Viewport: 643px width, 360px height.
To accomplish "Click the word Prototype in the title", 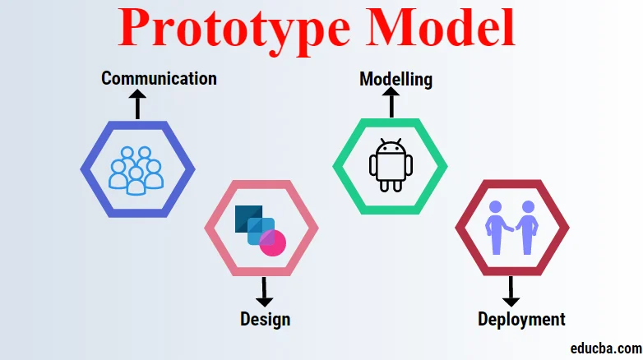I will (233, 30).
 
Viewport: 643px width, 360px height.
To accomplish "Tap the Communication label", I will (159, 78).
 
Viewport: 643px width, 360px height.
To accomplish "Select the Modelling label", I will (396, 79).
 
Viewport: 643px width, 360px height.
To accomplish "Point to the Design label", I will (265, 318).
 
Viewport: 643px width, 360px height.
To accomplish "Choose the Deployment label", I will (521, 319).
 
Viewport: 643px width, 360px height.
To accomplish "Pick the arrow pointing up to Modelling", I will (391, 102).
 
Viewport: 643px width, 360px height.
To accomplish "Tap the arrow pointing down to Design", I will (264, 291).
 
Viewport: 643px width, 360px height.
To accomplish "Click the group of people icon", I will (136, 170).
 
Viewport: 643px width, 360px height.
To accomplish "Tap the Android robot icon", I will (390, 165).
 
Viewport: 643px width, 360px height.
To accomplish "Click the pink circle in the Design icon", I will (272, 242).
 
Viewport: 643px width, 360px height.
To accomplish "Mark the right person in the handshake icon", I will (527, 227).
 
